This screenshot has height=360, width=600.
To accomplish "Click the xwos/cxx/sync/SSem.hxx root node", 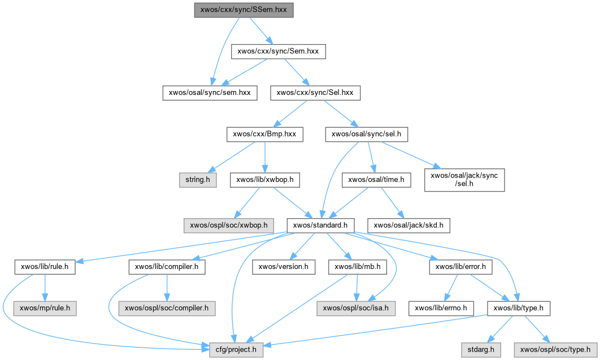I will [244, 10].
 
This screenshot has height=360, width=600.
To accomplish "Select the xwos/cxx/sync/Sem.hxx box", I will [279, 51].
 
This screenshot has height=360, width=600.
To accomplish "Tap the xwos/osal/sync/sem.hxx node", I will [210, 93].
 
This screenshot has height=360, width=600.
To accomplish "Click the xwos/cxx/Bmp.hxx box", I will [264, 135].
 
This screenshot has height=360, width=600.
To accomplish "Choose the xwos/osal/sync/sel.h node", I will [367, 135].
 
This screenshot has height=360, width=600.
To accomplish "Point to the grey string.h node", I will [197, 180].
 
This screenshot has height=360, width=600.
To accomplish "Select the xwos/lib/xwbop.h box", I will [265, 180].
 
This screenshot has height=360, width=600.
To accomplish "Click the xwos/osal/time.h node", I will [376, 180].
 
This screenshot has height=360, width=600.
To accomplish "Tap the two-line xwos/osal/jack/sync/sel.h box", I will [464, 180].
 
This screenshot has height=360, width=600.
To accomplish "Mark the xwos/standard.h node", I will [320, 225].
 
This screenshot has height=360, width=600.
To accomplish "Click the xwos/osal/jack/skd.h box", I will [409, 225].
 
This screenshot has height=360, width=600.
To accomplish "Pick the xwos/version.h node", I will [283, 267].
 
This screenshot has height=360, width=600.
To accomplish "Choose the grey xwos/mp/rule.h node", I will [45, 309].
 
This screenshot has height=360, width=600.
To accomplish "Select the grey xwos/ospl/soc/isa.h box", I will [356, 309].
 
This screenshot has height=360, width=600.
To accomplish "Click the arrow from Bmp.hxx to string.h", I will [232, 157].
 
